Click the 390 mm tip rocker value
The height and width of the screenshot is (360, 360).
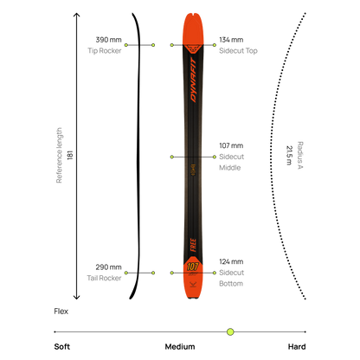click(108, 40)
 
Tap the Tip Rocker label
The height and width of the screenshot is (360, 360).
click(105, 51)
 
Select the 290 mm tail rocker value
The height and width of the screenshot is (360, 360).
click(108, 267)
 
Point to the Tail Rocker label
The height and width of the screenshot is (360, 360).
click(104, 278)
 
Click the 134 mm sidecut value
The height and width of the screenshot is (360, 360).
click(231, 40)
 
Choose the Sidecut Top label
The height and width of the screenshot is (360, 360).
click(238, 51)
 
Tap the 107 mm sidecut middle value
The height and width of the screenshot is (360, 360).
click(231, 145)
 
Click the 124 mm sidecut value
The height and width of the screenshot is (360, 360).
click(231, 261)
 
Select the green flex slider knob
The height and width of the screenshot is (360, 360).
click(230, 331)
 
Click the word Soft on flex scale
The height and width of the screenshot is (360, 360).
click(62, 346)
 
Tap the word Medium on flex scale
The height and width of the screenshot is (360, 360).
click(180, 346)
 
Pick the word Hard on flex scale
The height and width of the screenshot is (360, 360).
click(297, 346)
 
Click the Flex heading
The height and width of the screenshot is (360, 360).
click(61, 312)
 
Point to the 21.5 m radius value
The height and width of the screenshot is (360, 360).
click(289, 155)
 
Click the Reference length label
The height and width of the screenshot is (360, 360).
click(59, 156)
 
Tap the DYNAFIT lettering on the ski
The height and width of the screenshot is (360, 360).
click(193, 80)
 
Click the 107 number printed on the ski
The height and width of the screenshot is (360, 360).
click(192, 267)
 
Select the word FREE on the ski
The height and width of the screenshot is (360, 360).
click(193, 245)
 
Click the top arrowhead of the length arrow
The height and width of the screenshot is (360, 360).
click(76, 15)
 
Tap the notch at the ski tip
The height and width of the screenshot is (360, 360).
click(193, 14)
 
